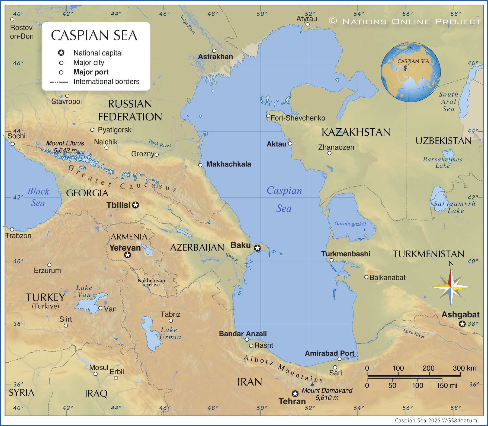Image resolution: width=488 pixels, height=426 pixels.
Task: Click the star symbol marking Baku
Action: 257,248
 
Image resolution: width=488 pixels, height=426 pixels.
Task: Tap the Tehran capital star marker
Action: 295,394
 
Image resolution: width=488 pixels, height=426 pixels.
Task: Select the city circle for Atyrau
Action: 307,24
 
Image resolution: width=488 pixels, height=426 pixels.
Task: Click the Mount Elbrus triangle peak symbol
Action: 78,153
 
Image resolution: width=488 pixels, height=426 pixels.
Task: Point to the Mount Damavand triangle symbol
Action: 312,384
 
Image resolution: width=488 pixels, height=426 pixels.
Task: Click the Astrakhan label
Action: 215,57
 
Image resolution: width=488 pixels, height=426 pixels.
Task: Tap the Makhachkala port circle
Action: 200,165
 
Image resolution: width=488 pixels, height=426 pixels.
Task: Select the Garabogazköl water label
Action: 350,224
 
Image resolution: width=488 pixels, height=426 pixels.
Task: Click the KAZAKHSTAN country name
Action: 356,132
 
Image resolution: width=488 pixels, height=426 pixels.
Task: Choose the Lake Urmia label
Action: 170,333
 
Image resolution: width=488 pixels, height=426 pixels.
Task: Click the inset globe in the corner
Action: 410,72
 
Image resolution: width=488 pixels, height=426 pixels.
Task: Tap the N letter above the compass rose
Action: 451,263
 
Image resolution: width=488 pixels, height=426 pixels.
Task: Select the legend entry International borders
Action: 106,82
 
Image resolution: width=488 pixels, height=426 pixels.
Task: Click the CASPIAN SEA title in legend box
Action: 94,35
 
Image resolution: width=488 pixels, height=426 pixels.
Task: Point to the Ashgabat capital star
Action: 462,324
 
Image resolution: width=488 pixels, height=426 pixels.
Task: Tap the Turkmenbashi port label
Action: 346,254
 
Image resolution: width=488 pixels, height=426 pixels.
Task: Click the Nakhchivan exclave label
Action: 151,282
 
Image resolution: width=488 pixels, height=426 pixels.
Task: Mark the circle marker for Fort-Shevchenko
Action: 268,116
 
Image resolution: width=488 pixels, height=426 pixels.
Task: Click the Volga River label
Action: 188,25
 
